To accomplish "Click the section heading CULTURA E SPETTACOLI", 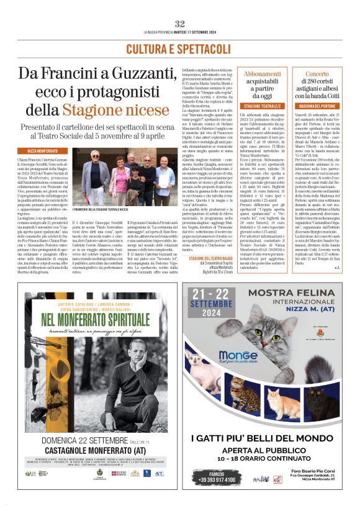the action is pos(180,48).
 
